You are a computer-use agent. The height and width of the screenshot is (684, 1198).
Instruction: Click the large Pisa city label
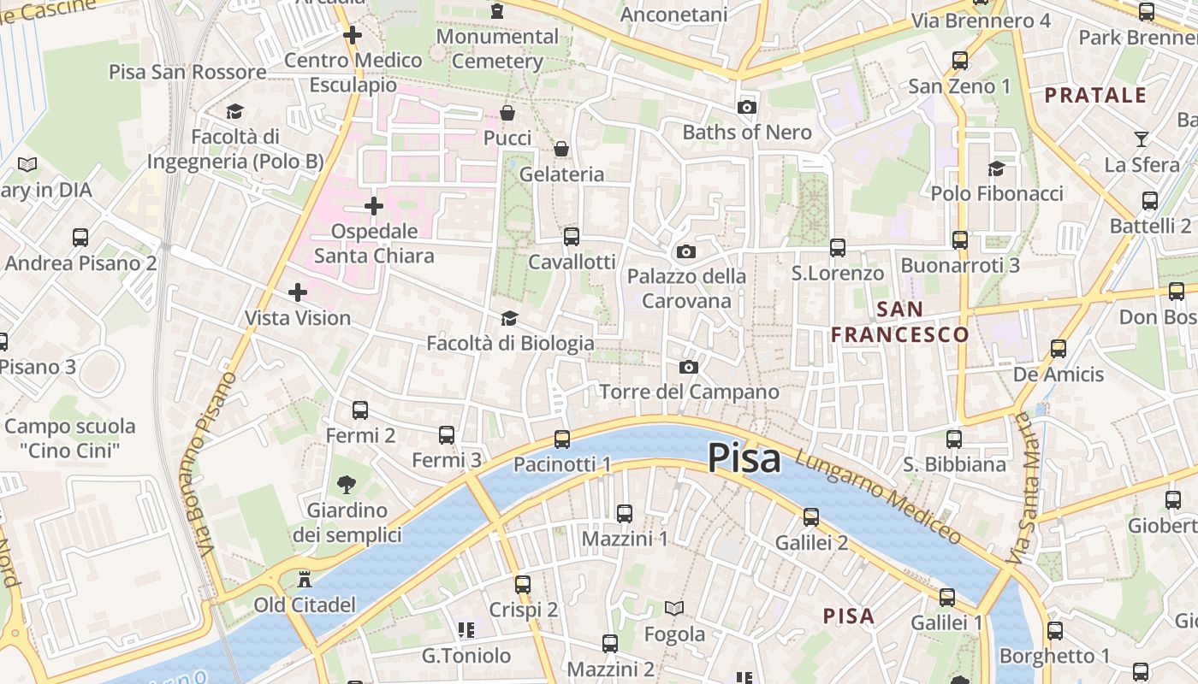(744, 458)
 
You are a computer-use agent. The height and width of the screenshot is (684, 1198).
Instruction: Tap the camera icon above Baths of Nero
(747, 108)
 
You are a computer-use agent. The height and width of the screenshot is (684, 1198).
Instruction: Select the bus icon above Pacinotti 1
(562, 439)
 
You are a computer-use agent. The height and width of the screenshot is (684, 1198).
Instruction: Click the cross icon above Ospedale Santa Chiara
(374, 206)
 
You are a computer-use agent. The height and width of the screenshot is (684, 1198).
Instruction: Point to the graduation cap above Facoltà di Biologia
(509, 319)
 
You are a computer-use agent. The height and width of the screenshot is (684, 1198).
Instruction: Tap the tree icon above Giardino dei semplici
(347, 486)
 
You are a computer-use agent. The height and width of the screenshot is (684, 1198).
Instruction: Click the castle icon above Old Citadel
(304, 580)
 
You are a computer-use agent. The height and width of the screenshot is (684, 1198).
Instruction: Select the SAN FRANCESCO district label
(900, 321)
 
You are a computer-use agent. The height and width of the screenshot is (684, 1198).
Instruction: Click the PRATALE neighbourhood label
(1095, 95)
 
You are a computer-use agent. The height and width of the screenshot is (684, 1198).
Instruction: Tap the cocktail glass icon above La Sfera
(1142, 139)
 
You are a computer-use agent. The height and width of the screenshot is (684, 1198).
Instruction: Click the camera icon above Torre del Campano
(689, 368)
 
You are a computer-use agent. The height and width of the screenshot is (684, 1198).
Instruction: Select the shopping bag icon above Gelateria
(561, 150)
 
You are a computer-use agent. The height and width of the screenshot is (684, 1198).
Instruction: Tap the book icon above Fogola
(674, 609)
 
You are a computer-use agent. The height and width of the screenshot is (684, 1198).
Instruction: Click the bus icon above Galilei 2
(811, 517)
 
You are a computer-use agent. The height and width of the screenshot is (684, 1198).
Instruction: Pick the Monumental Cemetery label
(497, 49)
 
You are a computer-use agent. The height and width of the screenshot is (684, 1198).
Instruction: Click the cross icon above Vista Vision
(298, 293)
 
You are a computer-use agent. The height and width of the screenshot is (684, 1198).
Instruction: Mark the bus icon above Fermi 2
(360, 410)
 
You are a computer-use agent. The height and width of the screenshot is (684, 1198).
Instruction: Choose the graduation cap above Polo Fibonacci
(996, 168)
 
